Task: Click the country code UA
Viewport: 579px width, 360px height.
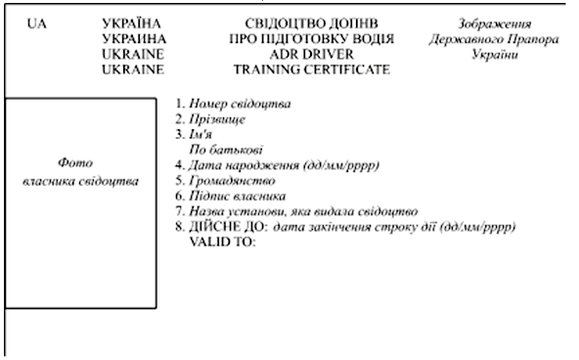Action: click(x=37, y=24)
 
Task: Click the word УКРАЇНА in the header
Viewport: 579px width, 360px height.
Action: click(x=131, y=23)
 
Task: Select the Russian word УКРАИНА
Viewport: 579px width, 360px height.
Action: click(x=134, y=39)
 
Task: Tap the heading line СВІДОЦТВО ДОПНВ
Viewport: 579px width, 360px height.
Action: click(x=312, y=23)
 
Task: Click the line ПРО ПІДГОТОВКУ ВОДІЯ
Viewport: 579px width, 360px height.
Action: click(x=312, y=39)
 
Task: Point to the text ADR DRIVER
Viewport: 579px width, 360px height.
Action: click(x=312, y=55)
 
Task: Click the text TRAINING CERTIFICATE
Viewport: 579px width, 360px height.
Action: click(x=312, y=69)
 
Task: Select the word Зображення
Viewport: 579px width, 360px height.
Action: click(x=495, y=24)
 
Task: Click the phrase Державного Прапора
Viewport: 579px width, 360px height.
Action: click(x=494, y=39)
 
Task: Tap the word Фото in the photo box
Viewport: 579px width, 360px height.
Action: click(x=75, y=162)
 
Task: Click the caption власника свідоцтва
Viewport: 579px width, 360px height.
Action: click(x=80, y=181)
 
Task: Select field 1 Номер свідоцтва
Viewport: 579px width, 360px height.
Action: click(x=233, y=104)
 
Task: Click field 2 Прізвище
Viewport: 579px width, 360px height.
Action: click(x=210, y=119)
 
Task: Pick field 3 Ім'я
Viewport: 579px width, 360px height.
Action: click(x=194, y=134)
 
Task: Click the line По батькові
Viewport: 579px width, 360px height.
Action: click(x=226, y=150)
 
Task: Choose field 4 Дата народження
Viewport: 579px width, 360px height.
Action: click(x=278, y=165)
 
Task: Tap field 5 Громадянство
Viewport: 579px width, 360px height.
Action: click(x=225, y=181)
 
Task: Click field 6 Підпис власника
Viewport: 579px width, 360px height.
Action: click(x=231, y=196)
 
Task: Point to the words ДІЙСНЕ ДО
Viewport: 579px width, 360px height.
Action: click(x=228, y=226)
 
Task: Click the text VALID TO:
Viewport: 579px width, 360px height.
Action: click(x=222, y=243)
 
